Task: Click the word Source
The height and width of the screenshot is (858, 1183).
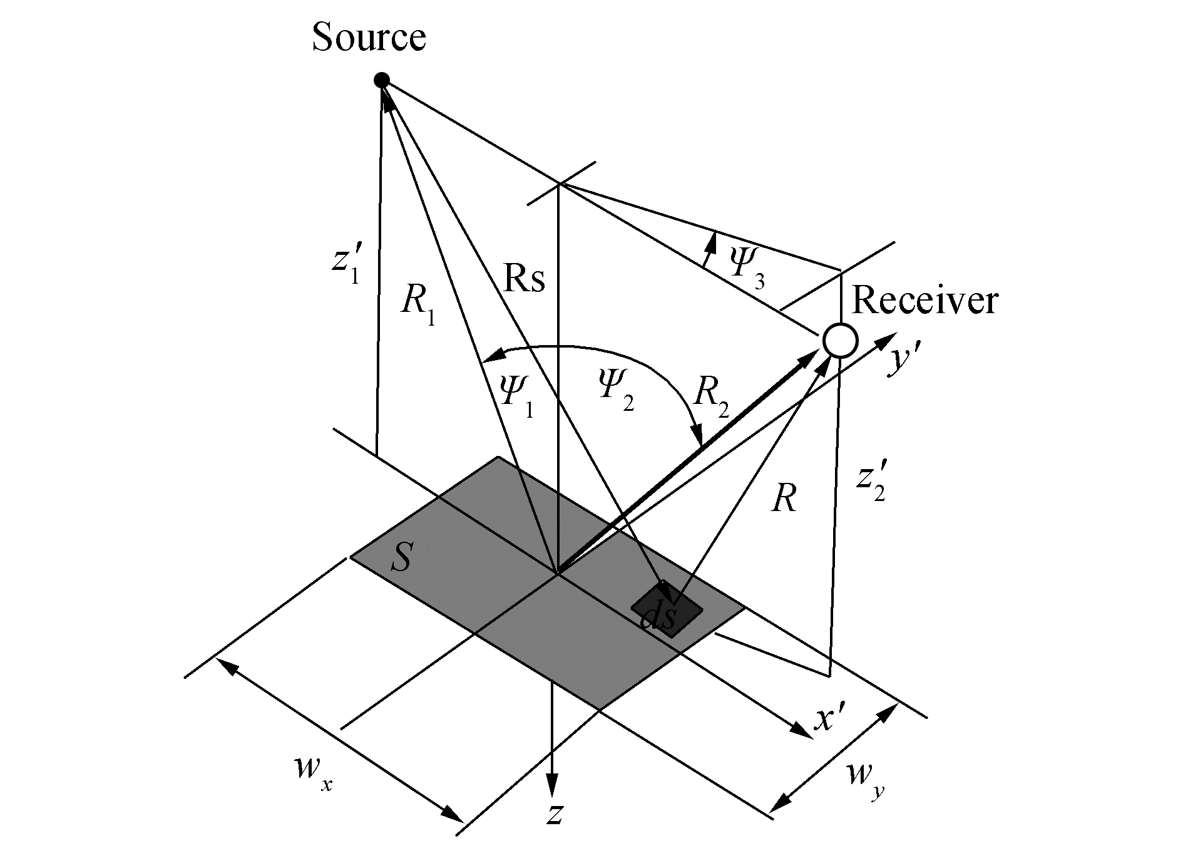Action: coord(369,38)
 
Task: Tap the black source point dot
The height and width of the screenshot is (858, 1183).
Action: coord(382,80)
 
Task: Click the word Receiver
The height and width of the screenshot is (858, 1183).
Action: coord(924,301)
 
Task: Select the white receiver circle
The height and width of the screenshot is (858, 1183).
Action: coord(840,341)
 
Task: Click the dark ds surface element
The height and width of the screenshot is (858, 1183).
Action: coord(666,610)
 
